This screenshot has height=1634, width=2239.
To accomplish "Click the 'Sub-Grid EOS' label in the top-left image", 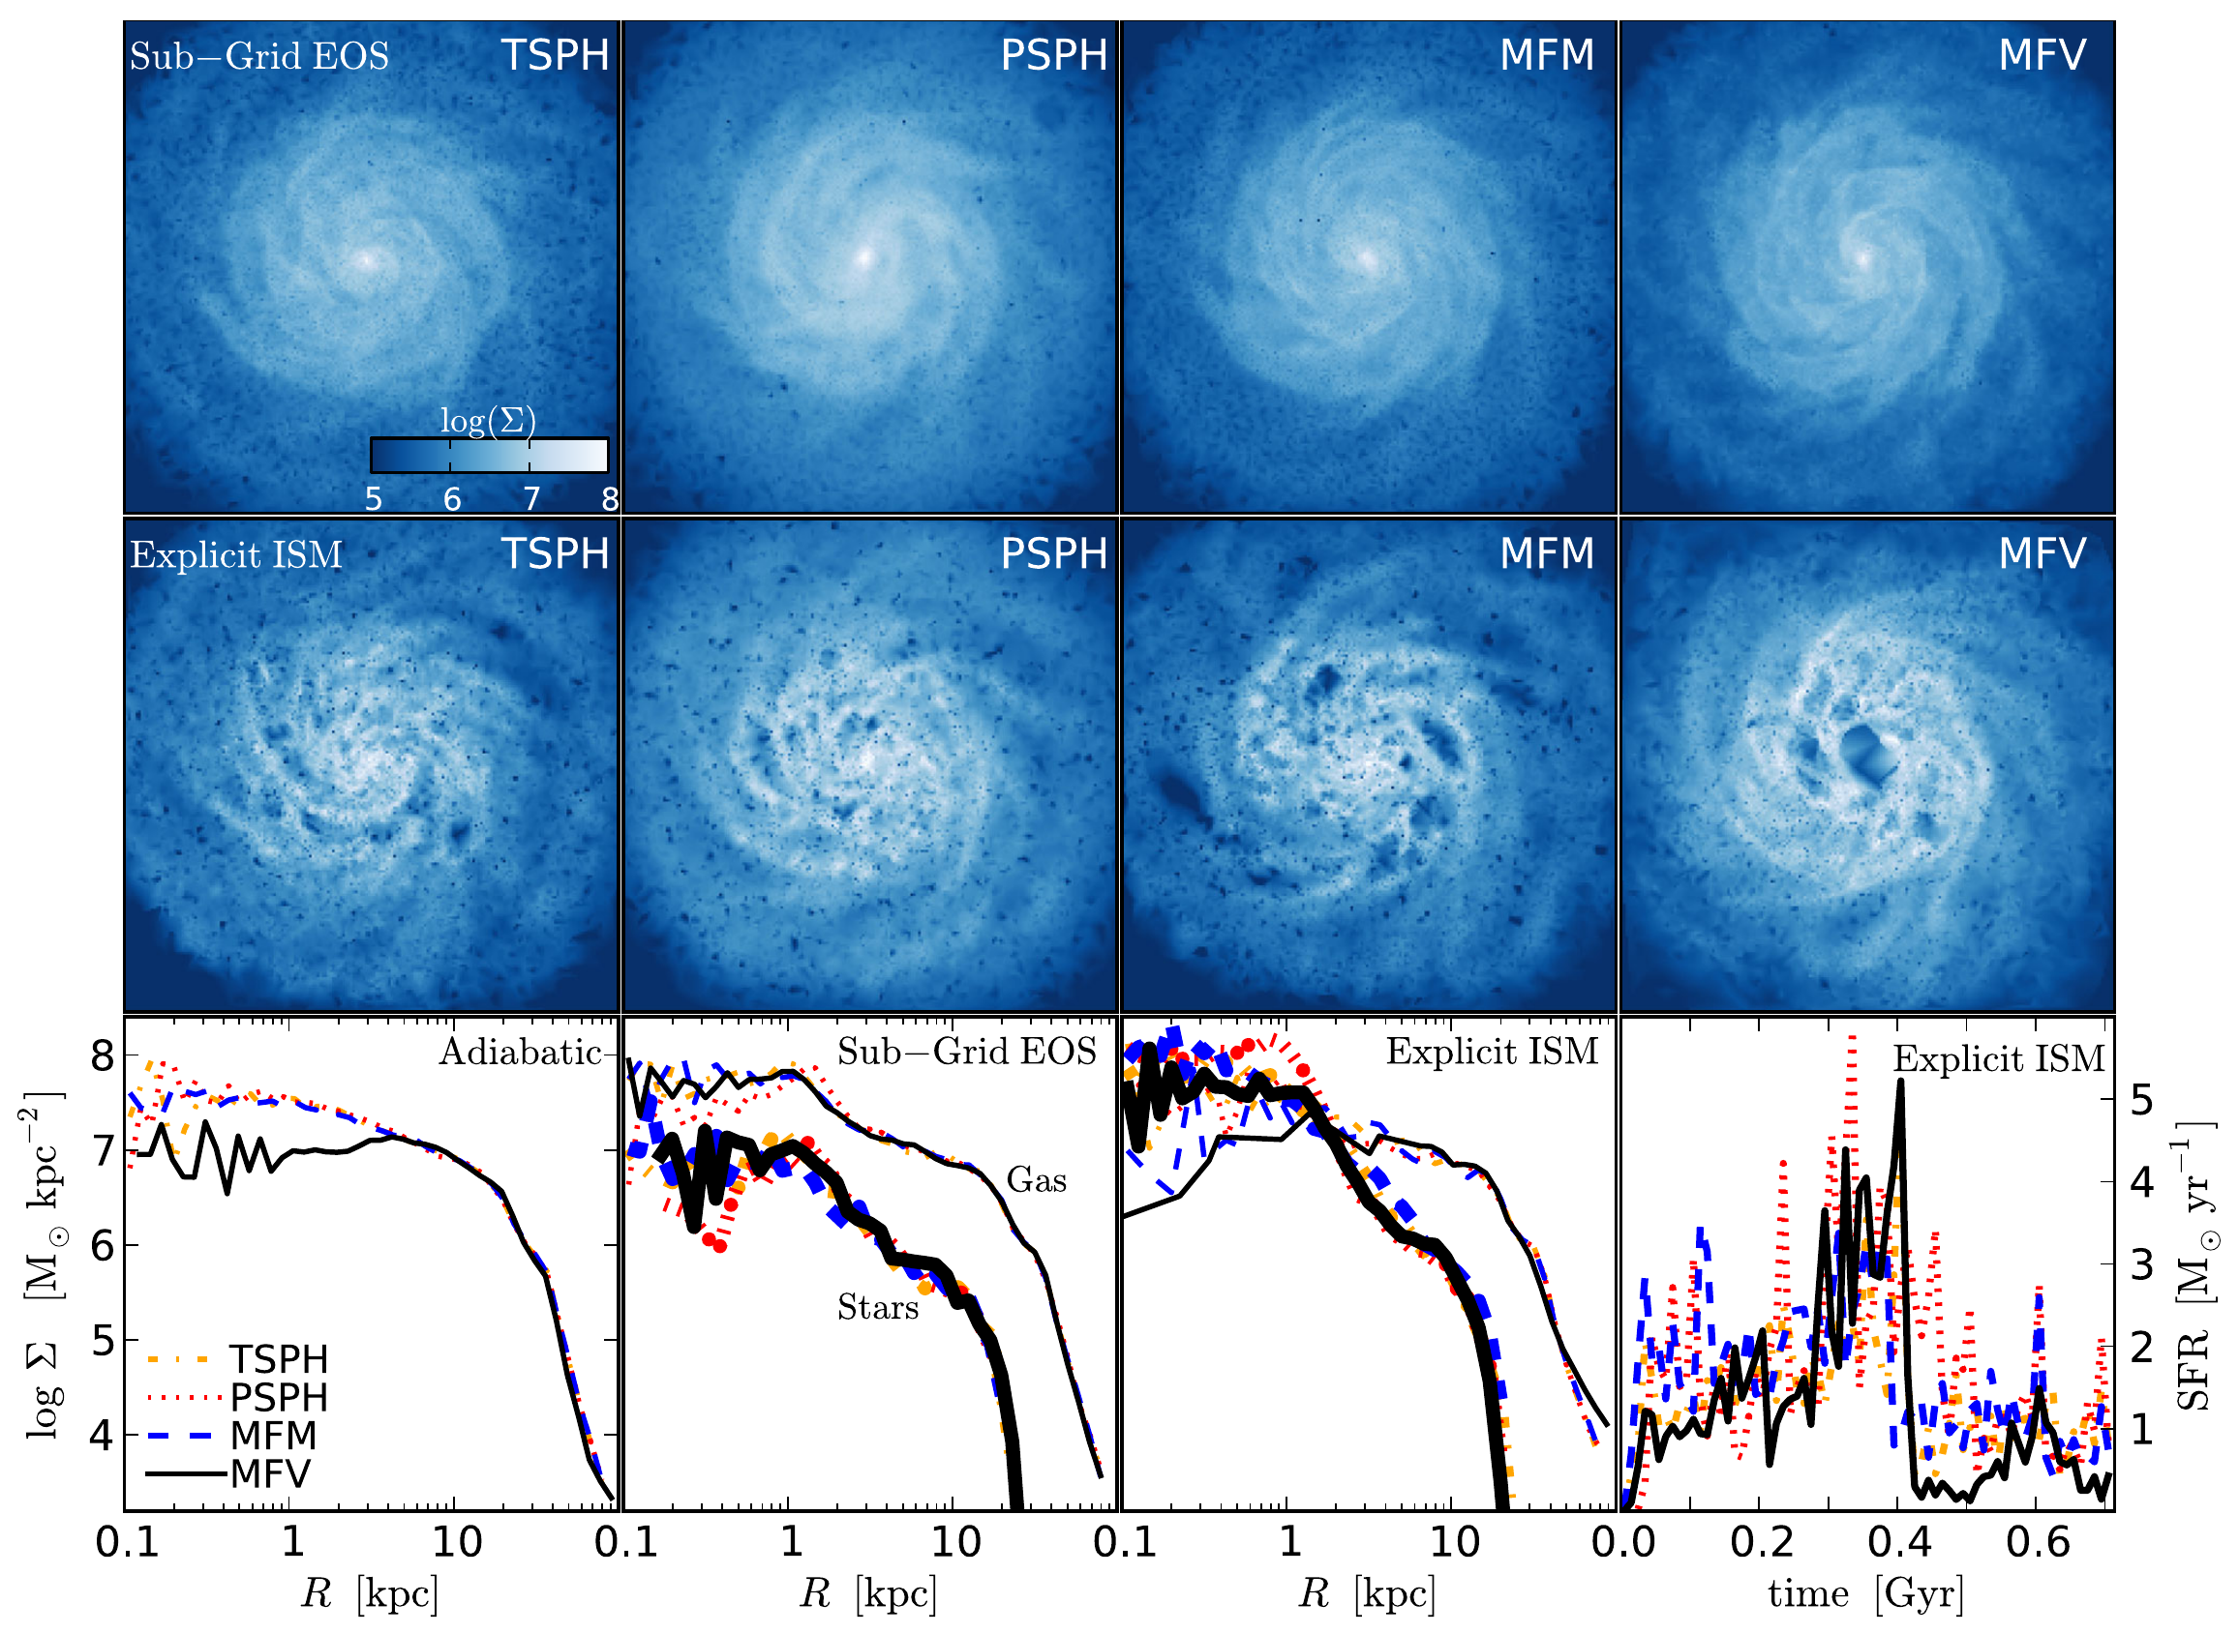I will tap(259, 56).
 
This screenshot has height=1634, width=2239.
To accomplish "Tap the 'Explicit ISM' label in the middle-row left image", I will tap(236, 555).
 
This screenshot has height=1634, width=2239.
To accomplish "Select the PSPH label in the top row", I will tap(1054, 55).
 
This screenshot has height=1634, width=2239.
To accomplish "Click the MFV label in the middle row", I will tap(2042, 554).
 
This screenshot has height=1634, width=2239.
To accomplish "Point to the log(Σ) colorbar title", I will tap(488, 422).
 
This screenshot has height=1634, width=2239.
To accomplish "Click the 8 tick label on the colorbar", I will tap(611, 499).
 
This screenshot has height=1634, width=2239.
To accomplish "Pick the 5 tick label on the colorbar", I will tap(373, 499).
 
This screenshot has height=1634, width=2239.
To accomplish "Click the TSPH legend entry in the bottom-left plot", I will tap(278, 1360).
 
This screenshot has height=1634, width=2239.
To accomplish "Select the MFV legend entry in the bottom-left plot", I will tap(270, 1474).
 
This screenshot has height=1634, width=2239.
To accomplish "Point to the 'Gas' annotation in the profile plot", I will tap(1036, 1181).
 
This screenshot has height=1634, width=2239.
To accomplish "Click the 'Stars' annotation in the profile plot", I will tap(878, 1309).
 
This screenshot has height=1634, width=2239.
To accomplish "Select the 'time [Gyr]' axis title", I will tap(1865, 1593).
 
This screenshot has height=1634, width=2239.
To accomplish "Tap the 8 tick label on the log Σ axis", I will tap(102, 1057).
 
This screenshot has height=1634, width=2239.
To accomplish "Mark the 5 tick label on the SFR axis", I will tap(2141, 1100).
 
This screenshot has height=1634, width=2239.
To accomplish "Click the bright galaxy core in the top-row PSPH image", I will tap(862, 259).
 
